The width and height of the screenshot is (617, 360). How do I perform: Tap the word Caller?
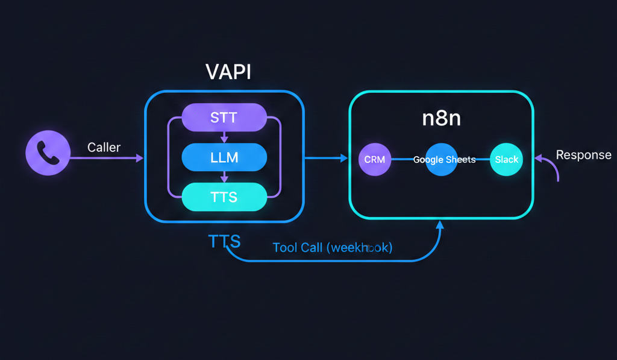click(x=104, y=147)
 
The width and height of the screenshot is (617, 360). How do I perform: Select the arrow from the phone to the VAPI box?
click(x=108, y=159)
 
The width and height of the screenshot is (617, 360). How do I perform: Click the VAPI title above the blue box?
click(x=228, y=72)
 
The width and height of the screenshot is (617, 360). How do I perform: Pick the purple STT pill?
click(x=224, y=118)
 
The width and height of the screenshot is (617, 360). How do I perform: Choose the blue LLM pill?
click(x=224, y=158)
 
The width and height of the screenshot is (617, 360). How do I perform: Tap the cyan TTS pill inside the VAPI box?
click(x=224, y=197)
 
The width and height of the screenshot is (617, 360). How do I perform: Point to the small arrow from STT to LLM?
click(x=224, y=137)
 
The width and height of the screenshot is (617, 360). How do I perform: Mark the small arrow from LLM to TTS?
click(x=224, y=177)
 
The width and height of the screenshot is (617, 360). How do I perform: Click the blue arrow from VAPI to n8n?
click(x=326, y=159)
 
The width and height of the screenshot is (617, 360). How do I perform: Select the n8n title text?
click(x=441, y=118)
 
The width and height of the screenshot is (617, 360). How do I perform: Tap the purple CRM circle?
click(x=375, y=160)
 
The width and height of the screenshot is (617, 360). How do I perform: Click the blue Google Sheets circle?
click(x=444, y=160)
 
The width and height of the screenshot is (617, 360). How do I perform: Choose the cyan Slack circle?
click(x=506, y=160)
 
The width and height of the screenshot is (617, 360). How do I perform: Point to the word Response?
click(x=583, y=155)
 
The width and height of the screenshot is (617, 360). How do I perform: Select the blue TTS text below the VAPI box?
click(x=224, y=242)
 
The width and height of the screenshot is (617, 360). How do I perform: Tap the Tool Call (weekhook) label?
click(x=332, y=248)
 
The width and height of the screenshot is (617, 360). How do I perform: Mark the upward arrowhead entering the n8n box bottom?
click(x=440, y=225)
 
